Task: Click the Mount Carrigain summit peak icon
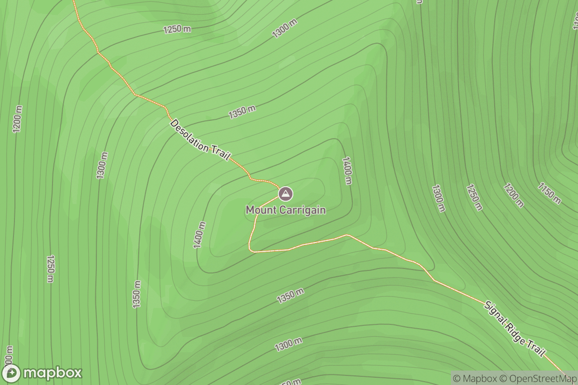[286, 194]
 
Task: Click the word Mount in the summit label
[259, 210]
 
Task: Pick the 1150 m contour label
[550, 193]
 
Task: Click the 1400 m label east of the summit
[347, 170]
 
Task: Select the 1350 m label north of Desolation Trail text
[242, 112]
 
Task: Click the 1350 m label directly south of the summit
[290, 296]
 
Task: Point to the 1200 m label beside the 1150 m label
[513, 195]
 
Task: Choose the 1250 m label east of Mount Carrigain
[474, 197]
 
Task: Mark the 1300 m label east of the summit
[438, 198]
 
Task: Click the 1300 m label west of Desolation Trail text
[102, 166]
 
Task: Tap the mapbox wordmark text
[53, 373]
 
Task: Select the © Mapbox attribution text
[474, 378]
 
